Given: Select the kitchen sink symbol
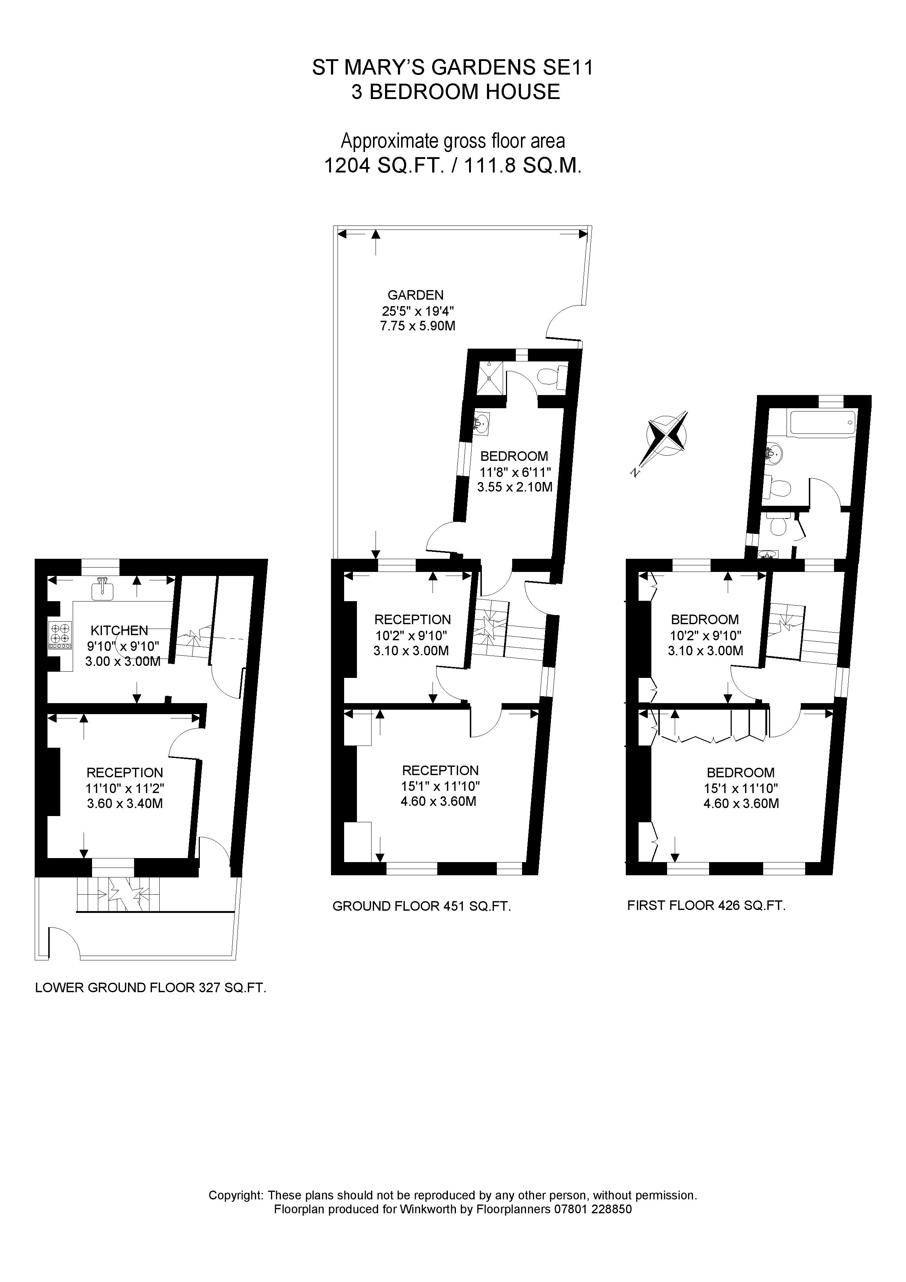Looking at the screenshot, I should tap(102, 588).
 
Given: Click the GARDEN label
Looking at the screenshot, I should tap(415, 295).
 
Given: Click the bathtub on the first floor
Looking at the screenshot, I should tap(822, 423).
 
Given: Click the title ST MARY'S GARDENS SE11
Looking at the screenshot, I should tap(453, 68).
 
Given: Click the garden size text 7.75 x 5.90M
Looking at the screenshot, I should tap(418, 326).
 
